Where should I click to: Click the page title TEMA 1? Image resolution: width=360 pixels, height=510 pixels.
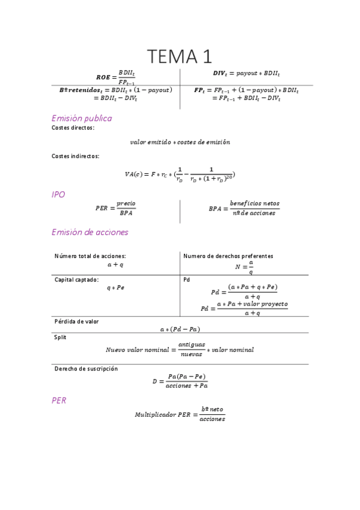(x=180, y=57)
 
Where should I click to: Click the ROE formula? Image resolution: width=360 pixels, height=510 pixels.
(x=116, y=77)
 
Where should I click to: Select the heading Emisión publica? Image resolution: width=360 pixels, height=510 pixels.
(x=82, y=118)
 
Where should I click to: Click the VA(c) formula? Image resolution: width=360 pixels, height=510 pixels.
(x=180, y=174)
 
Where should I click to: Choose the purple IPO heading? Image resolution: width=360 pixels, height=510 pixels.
(x=58, y=195)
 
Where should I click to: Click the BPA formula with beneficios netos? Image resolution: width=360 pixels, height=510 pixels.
(x=244, y=208)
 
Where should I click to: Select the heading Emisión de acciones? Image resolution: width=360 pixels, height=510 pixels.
(x=90, y=232)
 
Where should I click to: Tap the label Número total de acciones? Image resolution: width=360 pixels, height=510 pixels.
(x=90, y=256)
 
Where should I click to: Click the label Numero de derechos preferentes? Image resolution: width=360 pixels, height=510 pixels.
(x=228, y=256)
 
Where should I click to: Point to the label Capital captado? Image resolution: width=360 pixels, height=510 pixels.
(x=77, y=280)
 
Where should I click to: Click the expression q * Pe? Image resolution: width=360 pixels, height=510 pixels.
(x=115, y=287)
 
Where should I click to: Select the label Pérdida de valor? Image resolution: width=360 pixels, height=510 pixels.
(x=76, y=322)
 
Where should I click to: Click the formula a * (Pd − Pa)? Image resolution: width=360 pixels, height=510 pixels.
(x=180, y=329)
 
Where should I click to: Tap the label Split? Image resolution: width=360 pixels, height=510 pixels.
(x=60, y=337)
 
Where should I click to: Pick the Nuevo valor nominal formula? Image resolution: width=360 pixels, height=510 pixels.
(x=180, y=349)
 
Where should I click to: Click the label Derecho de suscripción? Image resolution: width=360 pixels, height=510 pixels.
(x=86, y=369)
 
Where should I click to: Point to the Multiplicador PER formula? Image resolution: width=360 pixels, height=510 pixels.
(x=180, y=414)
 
